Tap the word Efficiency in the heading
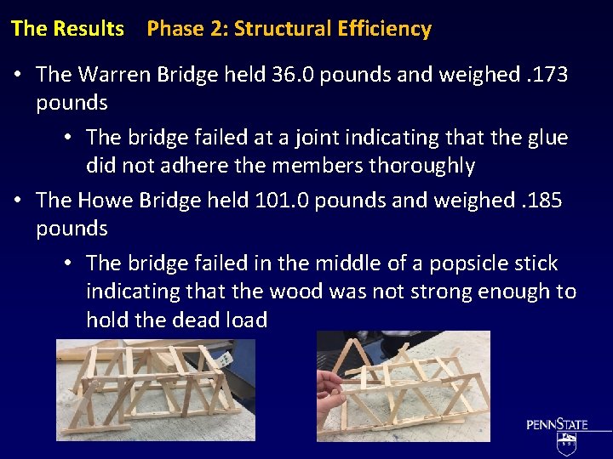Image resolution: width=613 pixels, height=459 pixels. tap(384, 29)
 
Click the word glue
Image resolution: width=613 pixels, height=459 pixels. tap(548, 138)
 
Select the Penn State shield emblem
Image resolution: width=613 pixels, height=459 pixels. tap(567, 443)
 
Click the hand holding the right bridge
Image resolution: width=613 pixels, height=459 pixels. tap(329, 393)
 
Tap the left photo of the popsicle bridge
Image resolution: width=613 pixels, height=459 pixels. tap(155, 387)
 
